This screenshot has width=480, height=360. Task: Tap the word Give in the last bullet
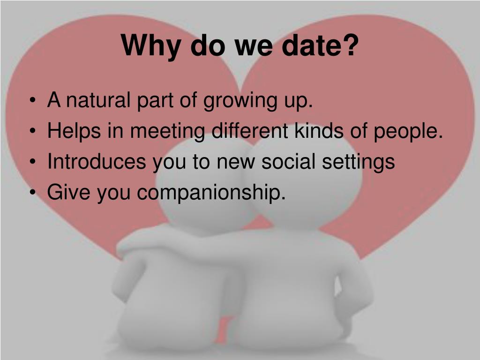click(69, 193)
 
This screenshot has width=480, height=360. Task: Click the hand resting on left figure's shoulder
click(131, 244)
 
